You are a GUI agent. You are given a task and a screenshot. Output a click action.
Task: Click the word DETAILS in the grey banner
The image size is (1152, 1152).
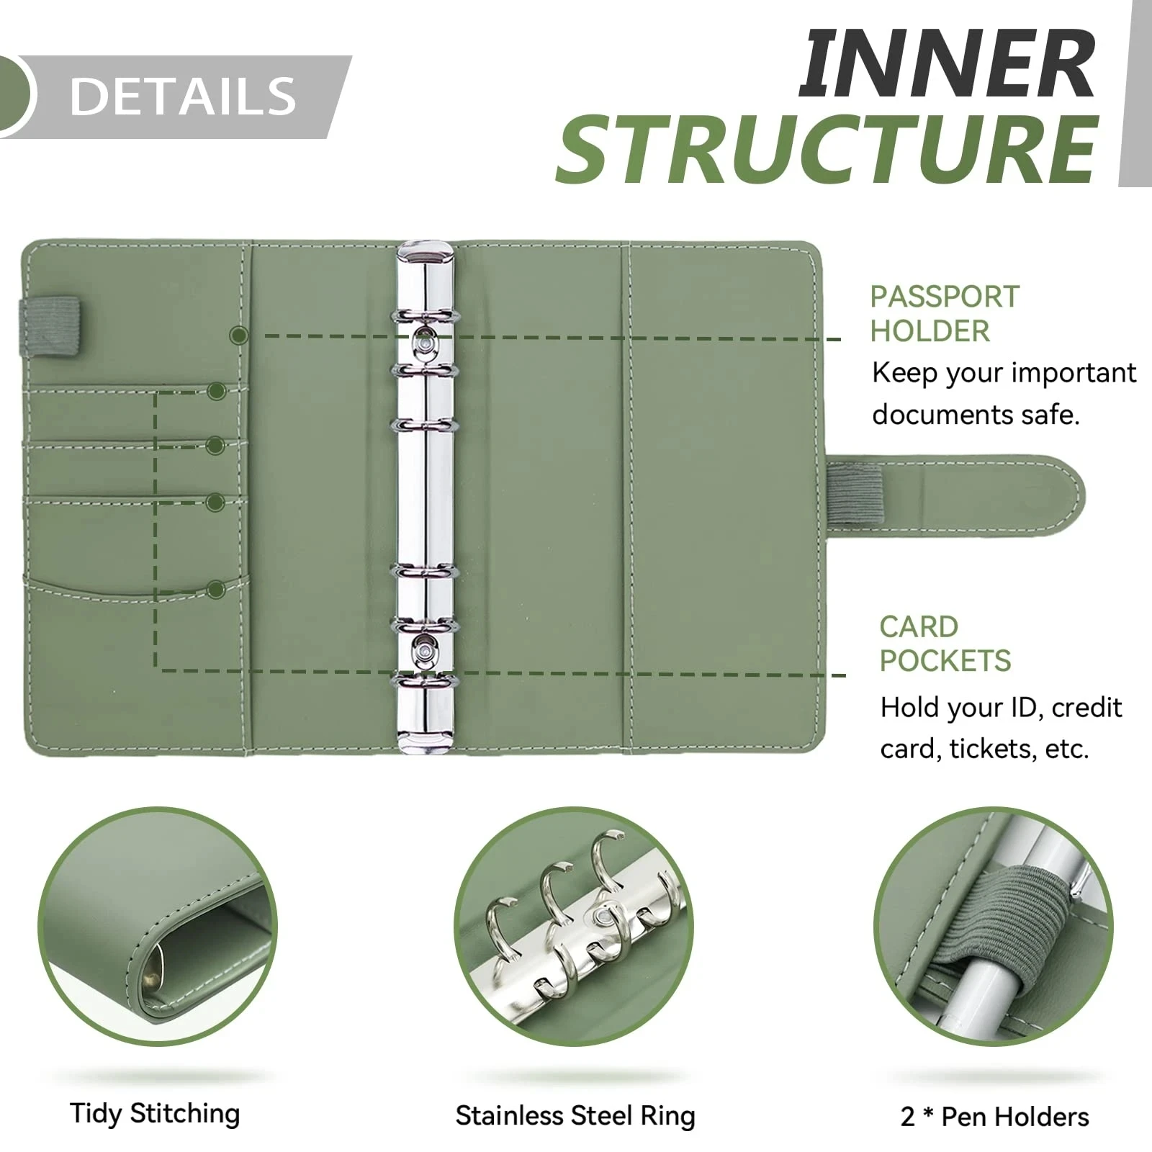[x=183, y=96]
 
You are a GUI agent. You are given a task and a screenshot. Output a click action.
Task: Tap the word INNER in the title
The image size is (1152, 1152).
[x=947, y=66]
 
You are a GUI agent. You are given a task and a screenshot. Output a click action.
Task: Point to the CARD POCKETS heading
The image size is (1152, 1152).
[x=945, y=644]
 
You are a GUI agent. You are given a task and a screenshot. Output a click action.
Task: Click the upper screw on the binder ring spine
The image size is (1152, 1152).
[x=425, y=346]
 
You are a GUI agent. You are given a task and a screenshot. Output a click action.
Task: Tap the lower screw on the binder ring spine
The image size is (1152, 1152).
[x=425, y=651]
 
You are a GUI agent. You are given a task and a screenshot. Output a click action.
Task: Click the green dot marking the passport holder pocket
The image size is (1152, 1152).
[x=239, y=335]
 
